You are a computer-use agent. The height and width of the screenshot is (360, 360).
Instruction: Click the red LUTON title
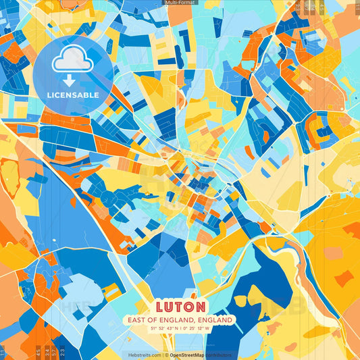179,306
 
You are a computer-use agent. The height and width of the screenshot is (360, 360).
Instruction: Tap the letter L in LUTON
160,306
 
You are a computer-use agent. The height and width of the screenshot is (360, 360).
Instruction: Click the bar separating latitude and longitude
180,328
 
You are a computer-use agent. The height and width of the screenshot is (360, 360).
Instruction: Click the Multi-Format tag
179,3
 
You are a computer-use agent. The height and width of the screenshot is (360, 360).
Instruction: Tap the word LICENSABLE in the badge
72,95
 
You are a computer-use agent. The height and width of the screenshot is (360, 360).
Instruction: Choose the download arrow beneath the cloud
72,80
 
